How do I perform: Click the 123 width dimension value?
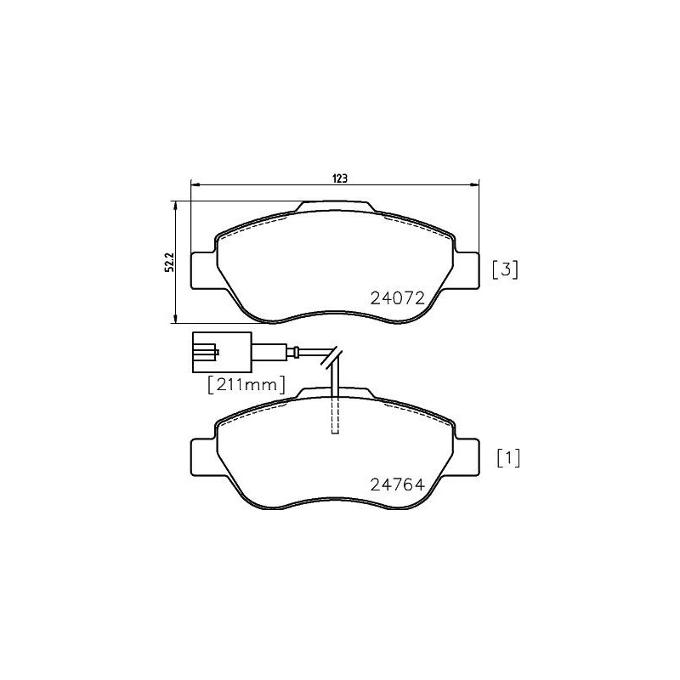coord(339,178)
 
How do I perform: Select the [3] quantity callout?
coord(505,270)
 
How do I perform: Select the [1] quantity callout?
coord(507,459)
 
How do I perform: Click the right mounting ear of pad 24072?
coord(467,271)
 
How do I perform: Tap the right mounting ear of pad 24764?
coord(467,458)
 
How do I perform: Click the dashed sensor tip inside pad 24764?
coord(335,416)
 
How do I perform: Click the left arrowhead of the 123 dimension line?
coord(194,184)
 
